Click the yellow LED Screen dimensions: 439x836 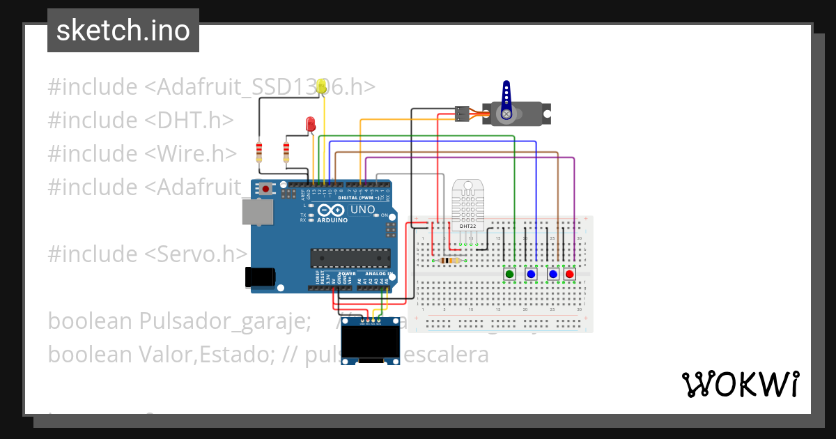[322, 86]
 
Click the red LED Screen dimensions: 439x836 [311, 125]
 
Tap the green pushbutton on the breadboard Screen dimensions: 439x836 [509, 275]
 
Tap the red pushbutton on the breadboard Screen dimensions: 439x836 [570, 275]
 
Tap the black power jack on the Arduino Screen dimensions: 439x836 [260, 277]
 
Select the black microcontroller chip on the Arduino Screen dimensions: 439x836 [350, 258]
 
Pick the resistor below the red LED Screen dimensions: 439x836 [286, 151]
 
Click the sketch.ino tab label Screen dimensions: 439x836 [123, 31]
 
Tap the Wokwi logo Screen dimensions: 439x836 [740, 384]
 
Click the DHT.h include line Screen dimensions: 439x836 [140, 120]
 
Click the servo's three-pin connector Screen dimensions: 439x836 [461, 113]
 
